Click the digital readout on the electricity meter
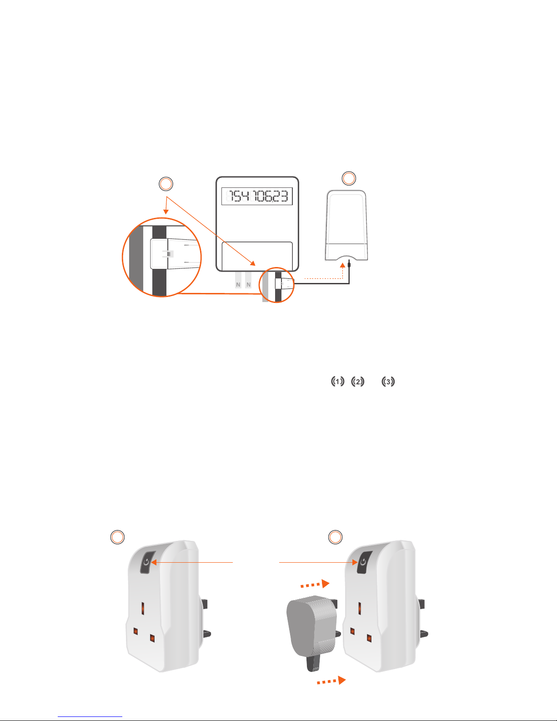(257, 197)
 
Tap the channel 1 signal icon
(337, 382)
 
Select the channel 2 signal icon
(358, 382)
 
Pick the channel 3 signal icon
(388, 382)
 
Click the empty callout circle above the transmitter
(349, 178)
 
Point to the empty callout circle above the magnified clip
(166, 184)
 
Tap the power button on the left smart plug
(146, 562)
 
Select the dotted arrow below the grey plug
(331, 681)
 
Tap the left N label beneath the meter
(238, 285)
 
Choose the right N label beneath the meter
(248, 285)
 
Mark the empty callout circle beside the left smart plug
(117, 537)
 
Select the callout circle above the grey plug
(336, 537)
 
